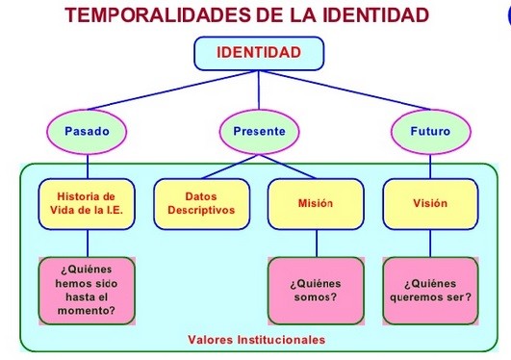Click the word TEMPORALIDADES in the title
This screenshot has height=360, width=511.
(x=156, y=15)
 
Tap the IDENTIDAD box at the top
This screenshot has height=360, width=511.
(x=259, y=53)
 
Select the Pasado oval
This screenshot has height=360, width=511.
(x=87, y=132)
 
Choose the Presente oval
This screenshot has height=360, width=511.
(x=259, y=132)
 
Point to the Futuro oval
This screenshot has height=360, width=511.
(x=431, y=132)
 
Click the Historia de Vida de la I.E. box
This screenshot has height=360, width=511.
(x=87, y=204)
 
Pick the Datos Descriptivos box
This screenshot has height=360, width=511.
(x=202, y=204)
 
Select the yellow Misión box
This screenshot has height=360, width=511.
(x=316, y=204)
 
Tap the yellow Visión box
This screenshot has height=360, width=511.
(x=430, y=204)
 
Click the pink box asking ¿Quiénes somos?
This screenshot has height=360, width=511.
(x=316, y=291)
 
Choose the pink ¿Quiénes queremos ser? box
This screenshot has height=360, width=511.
(x=430, y=291)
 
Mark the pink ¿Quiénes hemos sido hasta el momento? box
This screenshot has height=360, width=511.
(x=87, y=291)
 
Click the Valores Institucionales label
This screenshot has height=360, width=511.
(x=257, y=340)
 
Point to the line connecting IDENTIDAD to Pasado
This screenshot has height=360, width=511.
(x=172, y=90)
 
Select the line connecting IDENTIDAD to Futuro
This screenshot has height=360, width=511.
(x=345, y=90)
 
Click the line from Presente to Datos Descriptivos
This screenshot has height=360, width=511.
(x=230, y=167)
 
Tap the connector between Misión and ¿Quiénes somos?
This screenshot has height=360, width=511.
(x=317, y=244)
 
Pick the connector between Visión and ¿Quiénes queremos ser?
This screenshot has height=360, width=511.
(x=430, y=244)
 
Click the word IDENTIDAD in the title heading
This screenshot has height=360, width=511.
(x=375, y=15)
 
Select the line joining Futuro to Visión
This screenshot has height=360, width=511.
(x=430, y=167)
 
